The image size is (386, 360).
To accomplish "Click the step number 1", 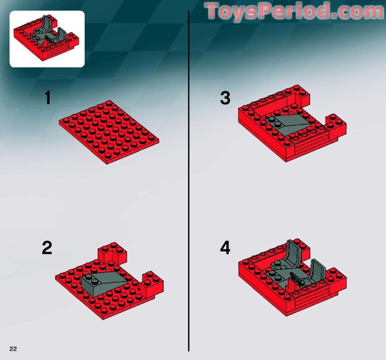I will (x=47, y=98).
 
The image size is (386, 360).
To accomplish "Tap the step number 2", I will (x=47, y=248).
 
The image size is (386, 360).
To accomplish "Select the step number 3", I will (x=225, y=98).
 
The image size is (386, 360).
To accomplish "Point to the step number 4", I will (x=225, y=248).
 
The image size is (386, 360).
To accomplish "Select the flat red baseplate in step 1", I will (x=108, y=131).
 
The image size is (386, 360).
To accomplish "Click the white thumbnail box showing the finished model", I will (x=47, y=39).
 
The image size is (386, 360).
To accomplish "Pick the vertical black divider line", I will (x=188, y=179).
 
